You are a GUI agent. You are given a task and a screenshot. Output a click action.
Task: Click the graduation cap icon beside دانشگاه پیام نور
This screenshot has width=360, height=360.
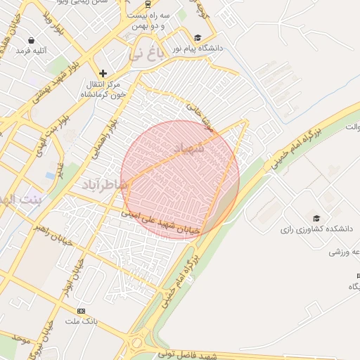coord(198,38)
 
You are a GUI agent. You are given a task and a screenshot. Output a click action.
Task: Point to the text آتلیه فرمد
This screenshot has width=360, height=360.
coord(33,51)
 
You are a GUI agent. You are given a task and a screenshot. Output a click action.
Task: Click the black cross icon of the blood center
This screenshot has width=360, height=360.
coord(103,73)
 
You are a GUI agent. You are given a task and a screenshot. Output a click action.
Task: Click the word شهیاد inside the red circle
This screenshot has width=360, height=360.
coord(188,148)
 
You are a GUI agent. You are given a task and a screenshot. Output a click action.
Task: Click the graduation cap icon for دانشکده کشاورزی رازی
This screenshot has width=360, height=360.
coord(316,218)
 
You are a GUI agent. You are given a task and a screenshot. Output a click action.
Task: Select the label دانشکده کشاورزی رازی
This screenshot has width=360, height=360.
coord(310,229)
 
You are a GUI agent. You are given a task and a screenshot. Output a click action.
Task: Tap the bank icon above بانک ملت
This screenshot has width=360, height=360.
coord(81,311)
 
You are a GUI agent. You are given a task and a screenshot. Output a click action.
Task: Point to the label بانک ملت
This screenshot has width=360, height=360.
coord(81,321)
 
